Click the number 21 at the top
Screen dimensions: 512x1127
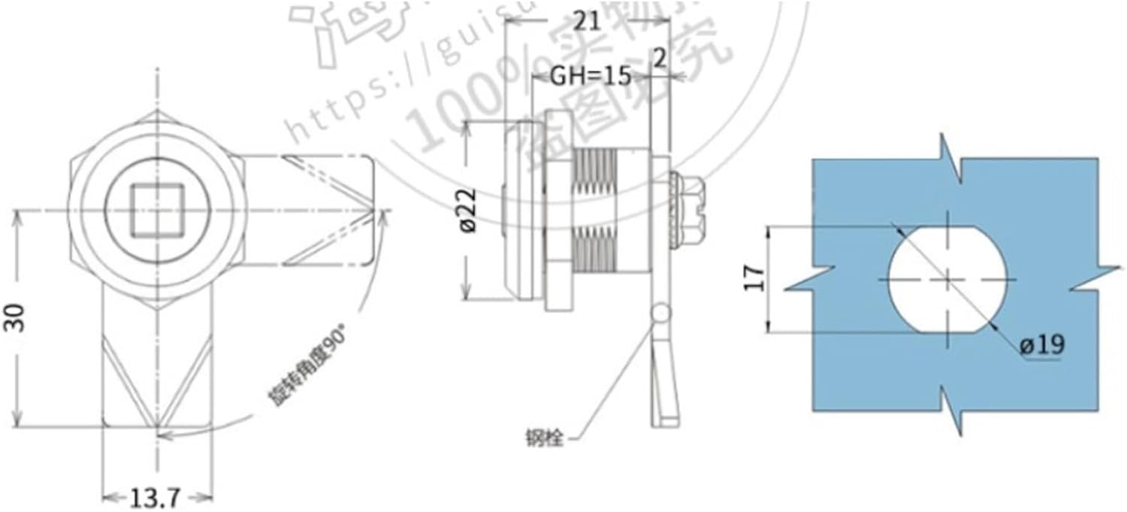coord(587,20)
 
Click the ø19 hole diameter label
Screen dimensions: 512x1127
coord(1042,345)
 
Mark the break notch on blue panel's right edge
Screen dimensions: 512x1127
coord(1094,278)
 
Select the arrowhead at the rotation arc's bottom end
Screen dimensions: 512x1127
coord(167,434)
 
